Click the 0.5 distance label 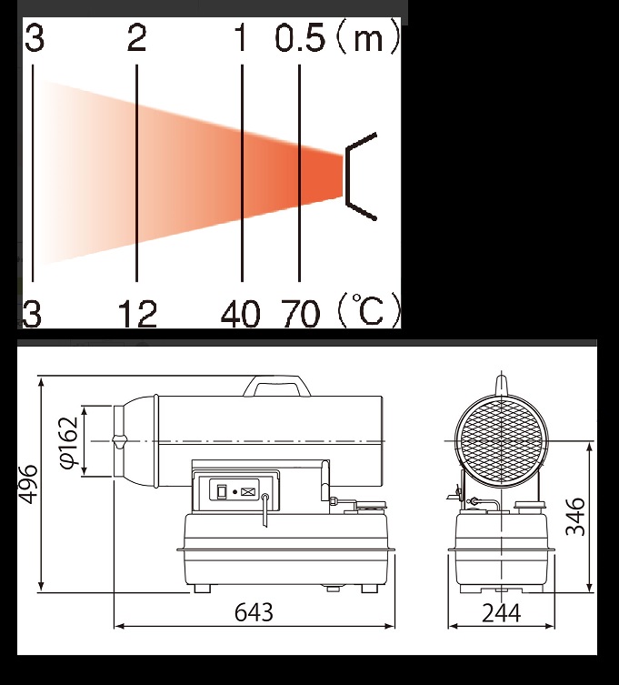coord(300,38)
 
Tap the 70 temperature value coord(301,313)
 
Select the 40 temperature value coord(241,313)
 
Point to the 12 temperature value coord(137,313)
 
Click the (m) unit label coord(368,38)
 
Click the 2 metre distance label coord(136,38)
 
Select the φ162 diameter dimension coord(70,442)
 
